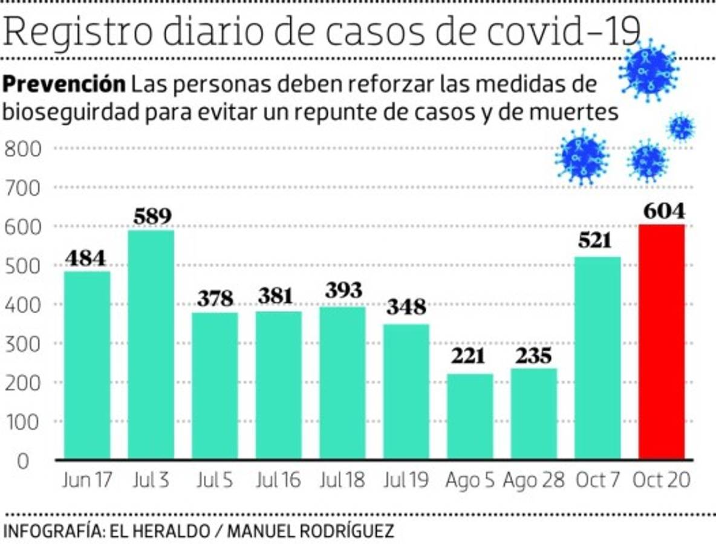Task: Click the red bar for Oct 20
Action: pos(662,342)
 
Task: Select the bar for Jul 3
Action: pos(151,345)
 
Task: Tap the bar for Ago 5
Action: pos(470,416)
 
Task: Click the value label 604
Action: pos(663,211)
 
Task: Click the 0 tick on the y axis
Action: pos(22,461)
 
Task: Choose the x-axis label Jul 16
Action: pos(278,481)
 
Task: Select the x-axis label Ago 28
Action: pos(533,481)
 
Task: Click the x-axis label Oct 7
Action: pos(597,481)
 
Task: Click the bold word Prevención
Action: pos(65,84)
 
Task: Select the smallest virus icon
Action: pos(682,128)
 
